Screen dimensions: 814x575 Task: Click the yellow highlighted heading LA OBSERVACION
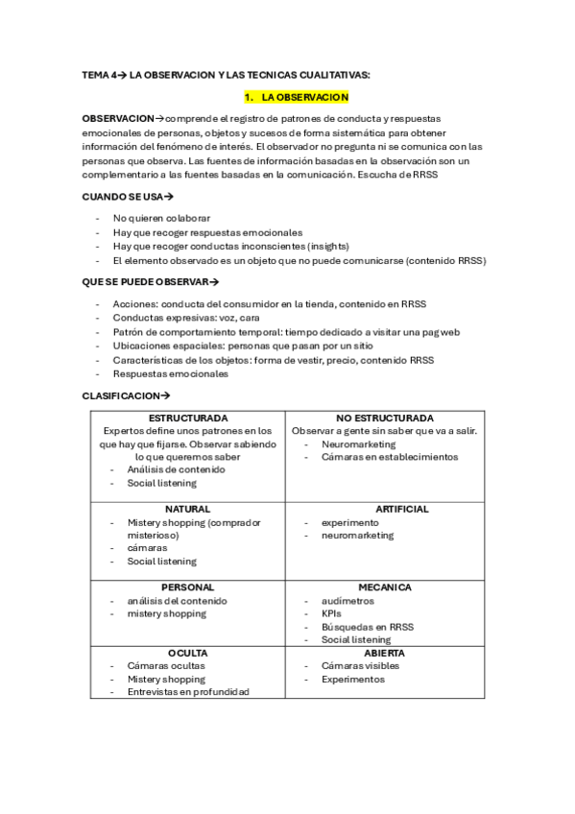pyautogui.click(x=297, y=98)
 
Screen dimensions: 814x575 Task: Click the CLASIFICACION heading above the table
pyautogui.click(x=126, y=395)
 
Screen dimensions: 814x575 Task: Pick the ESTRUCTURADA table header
pyautogui.click(x=187, y=419)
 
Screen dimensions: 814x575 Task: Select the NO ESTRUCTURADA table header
pyautogui.click(x=385, y=419)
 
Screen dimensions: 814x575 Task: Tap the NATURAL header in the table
pyautogui.click(x=187, y=509)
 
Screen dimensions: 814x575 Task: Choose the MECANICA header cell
pyautogui.click(x=385, y=587)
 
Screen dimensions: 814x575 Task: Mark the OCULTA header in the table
pyautogui.click(x=187, y=652)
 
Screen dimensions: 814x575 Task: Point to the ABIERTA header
pyautogui.click(x=385, y=652)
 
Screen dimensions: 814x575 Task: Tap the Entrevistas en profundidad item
pyautogui.click(x=188, y=691)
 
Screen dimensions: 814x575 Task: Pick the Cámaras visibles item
pyautogui.click(x=360, y=665)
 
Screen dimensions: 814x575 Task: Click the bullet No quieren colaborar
pyautogui.click(x=161, y=219)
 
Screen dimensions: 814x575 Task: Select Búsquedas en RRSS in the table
pyautogui.click(x=368, y=626)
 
